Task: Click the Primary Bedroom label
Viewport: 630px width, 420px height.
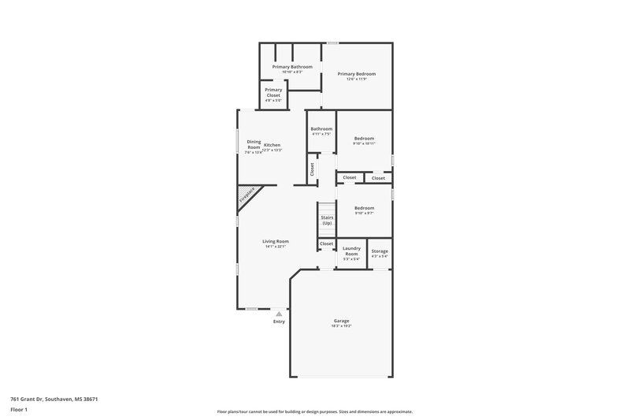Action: click(x=357, y=73)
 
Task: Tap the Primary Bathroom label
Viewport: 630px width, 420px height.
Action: click(x=292, y=67)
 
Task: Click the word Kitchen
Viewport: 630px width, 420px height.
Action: click(x=272, y=145)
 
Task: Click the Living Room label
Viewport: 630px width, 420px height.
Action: click(x=276, y=241)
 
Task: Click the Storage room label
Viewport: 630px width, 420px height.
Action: click(x=380, y=251)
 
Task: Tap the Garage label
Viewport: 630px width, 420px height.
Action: click(x=341, y=320)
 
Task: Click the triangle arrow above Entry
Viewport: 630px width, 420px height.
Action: click(x=278, y=314)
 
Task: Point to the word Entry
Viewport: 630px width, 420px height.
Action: click(x=279, y=322)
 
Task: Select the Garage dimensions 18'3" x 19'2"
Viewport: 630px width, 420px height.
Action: click(x=341, y=325)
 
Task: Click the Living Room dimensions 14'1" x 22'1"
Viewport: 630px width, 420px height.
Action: click(x=276, y=247)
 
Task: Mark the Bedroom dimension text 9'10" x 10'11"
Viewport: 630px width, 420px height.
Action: click(x=364, y=143)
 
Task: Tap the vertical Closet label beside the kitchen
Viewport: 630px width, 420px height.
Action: click(x=312, y=169)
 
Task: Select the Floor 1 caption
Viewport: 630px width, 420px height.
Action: click(x=19, y=411)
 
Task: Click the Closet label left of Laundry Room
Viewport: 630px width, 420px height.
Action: click(x=326, y=244)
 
